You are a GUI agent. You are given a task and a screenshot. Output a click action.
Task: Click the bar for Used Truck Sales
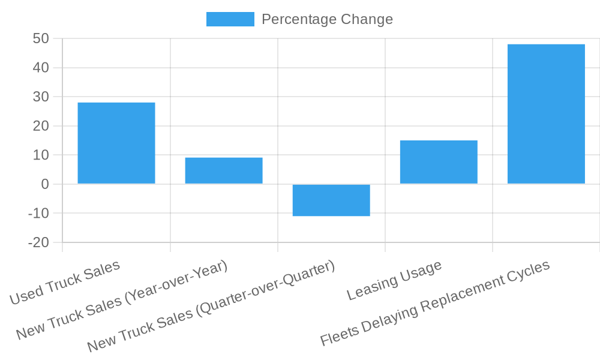pos(116,143)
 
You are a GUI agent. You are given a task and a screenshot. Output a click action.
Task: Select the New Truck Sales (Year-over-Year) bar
pos(224,170)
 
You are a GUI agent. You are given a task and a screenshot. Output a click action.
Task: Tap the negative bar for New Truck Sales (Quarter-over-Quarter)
pos(331,200)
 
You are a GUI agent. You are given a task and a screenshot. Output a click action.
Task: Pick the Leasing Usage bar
pos(439,162)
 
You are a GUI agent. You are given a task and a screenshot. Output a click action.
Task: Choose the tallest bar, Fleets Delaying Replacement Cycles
pos(546,114)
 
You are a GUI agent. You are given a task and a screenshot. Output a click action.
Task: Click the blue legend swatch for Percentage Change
pos(230,19)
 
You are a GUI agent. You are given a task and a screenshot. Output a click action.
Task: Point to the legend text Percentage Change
pos(327,19)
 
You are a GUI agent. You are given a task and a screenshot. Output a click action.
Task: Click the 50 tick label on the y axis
pos(41,39)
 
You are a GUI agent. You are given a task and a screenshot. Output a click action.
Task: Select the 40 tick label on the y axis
pos(41,68)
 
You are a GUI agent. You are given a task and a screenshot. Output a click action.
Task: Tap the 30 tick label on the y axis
pos(41,97)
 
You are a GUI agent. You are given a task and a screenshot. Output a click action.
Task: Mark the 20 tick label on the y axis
pos(41,126)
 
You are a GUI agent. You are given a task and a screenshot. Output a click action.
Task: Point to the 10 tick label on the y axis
pos(41,155)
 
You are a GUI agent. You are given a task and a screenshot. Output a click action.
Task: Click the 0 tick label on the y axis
pos(45,184)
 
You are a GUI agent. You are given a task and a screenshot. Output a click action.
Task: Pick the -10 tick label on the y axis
pos(38,214)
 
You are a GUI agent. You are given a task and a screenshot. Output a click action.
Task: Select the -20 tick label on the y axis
pos(38,242)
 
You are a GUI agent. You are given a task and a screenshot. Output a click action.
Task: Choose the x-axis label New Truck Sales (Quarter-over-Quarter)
pos(211,307)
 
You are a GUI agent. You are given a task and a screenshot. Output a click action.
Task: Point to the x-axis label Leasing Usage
pos(394,280)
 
